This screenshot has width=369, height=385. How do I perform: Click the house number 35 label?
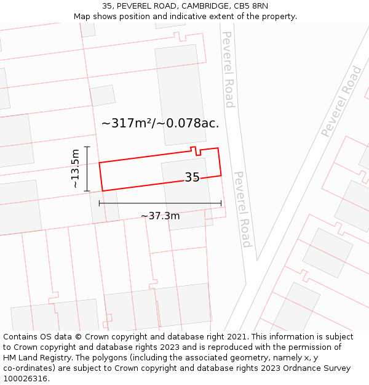pyautogui.click(x=192, y=177)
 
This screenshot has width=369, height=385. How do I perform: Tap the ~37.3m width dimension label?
pyautogui.click(x=160, y=216)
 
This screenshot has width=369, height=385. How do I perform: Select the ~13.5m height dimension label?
pyautogui.click(x=74, y=168)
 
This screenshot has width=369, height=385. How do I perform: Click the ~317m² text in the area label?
pyautogui.click(x=127, y=123)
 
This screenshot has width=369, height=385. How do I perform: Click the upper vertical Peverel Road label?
pyautogui.click(x=228, y=69)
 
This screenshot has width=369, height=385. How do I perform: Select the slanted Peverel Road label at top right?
pyautogui.click(x=341, y=102)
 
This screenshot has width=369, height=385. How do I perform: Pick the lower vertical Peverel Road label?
pyautogui.click(x=242, y=209)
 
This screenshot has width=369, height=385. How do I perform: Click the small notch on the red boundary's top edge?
pyautogui.click(x=194, y=150)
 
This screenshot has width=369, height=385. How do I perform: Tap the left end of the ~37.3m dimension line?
pyautogui.click(x=99, y=203)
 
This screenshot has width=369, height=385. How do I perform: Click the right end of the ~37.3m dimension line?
pyautogui.click(x=221, y=203)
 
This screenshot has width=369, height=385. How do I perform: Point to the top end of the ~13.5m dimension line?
pyautogui.click(x=87, y=147)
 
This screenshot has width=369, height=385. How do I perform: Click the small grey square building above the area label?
pyautogui.click(x=102, y=95)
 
